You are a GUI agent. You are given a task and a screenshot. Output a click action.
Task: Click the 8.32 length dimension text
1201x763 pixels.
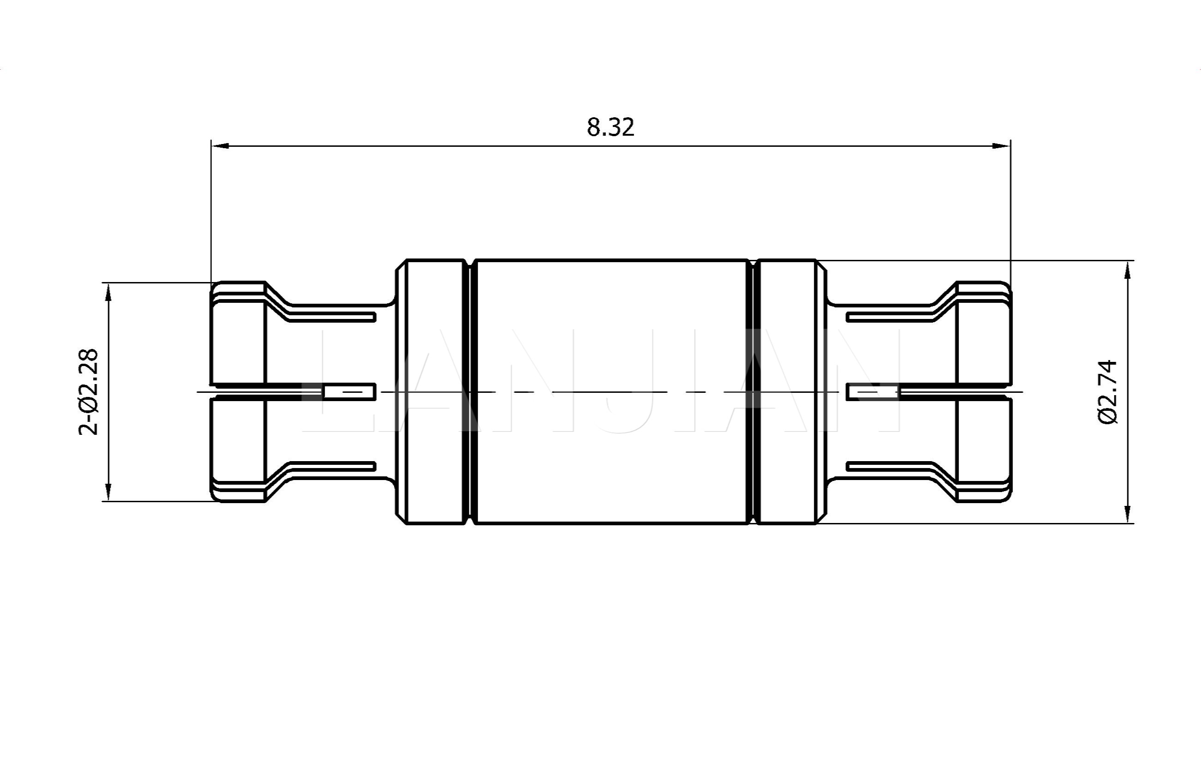610,127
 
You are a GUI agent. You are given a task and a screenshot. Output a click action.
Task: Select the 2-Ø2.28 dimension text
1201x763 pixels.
89,392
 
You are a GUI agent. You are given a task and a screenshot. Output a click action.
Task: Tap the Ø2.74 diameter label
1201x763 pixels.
1108,392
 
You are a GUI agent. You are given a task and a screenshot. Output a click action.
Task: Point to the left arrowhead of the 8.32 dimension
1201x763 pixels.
220,146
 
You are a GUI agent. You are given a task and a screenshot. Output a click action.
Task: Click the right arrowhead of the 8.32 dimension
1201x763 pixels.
1002,146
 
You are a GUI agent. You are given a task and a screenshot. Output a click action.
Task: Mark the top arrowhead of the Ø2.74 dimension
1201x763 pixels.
1128,270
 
